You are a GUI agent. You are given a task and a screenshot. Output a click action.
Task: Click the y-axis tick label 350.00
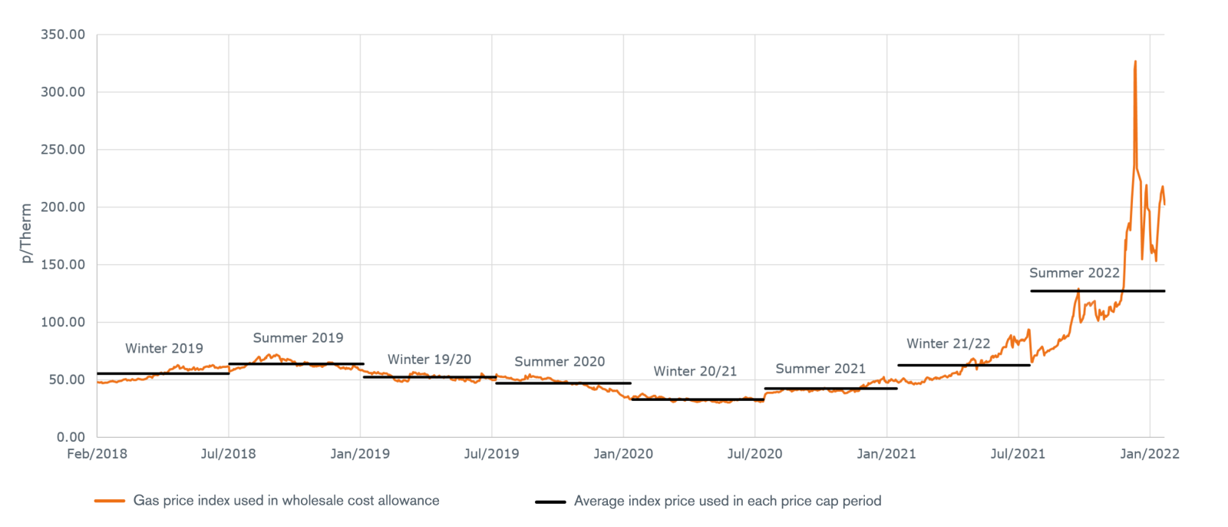pyautogui.click(x=63, y=35)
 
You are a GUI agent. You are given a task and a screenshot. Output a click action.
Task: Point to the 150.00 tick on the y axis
pyautogui.click(x=63, y=264)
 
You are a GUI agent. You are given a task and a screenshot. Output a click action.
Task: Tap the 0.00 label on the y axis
pyautogui.click(x=71, y=437)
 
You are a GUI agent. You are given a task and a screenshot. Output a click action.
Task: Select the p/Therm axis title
pyautogui.click(x=27, y=233)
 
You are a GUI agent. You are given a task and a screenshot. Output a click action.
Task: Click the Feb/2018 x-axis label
pyautogui.click(x=97, y=454)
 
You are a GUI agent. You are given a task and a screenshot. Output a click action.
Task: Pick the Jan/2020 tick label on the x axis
pyautogui.click(x=623, y=454)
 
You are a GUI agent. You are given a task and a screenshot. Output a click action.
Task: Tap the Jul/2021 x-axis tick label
pyautogui.click(x=1018, y=454)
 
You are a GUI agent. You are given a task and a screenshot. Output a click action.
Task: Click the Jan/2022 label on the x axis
pyautogui.click(x=1149, y=454)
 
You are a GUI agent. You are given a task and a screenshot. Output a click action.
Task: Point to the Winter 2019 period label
pyautogui.click(x=164, y=349)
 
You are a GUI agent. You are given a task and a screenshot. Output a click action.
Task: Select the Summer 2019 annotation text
pyautogui.click(x=298, y=338)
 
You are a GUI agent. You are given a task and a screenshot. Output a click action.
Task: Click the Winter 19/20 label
pyautogui.click(x=429, y=360)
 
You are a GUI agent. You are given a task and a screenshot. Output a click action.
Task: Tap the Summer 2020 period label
pyautogui.click(x=560, y=362)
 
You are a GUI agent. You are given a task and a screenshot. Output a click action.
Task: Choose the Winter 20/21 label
pyautogui.click(x=695, y=372)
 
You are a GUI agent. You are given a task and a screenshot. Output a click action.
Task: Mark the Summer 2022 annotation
pyautogui.click(x=1074, y=273)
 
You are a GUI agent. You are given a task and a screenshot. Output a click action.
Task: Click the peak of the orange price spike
pyautogui.click(x=1135, y=62)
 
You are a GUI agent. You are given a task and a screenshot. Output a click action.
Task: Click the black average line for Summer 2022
pyautogui.click(x=1098, y=291)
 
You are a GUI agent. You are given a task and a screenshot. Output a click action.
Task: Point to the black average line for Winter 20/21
pyautogui.click(x=697, y=399)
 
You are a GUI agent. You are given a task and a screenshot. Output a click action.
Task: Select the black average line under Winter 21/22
pyautogui.click(x=963, y=365)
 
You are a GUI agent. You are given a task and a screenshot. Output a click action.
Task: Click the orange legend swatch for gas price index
pyautogui.click(x=110, y=501)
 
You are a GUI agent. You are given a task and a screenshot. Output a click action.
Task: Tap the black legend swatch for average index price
pyautogui.click(x=550, y=502)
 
